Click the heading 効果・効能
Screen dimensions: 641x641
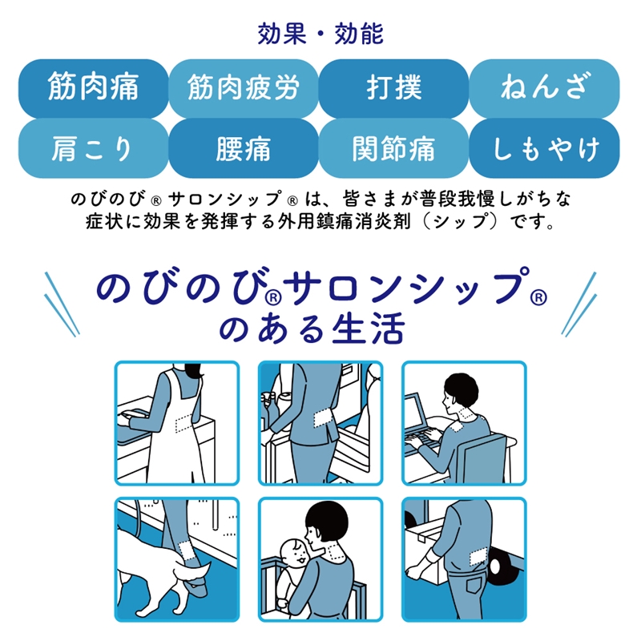[320, 34]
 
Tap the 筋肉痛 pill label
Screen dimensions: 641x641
[93, 88]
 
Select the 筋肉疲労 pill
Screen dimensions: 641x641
[244, 88]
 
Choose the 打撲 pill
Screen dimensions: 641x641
[393, 88]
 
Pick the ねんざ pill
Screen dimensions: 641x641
[544, 88]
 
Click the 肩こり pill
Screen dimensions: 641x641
[93, 148]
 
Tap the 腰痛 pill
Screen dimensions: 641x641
[244, 148]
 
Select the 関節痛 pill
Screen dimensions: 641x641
[393, 148]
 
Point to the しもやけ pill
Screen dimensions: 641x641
[544, 148]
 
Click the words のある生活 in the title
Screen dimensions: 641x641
[312, 329]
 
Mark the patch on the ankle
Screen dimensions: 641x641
[187, 550]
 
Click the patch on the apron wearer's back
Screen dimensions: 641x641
[183, 422]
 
